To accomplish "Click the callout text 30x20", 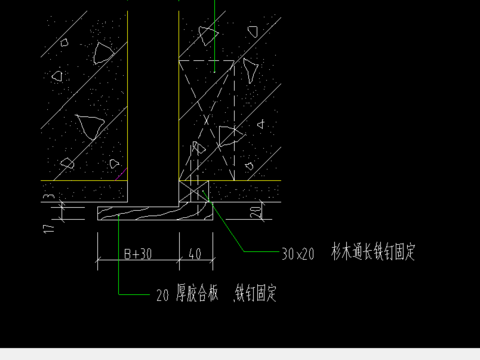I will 298,254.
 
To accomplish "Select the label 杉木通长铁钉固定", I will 372,253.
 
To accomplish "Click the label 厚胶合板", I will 199,295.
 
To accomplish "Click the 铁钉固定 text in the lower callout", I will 255,295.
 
